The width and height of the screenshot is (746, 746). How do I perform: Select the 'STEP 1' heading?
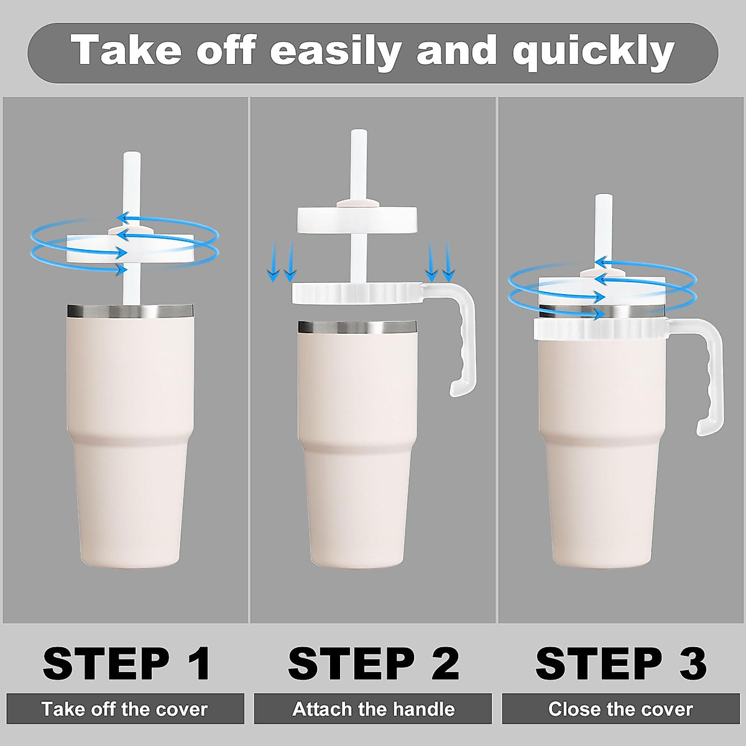point(127,663)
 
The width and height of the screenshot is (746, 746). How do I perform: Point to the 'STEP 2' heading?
point(373,663)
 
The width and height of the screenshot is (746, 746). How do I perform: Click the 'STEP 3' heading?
point(621,663)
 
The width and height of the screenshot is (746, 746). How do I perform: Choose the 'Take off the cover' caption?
point(125,709)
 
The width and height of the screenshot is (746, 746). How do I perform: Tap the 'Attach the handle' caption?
point(373,709)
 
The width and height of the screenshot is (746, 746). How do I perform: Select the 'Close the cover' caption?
point(620,709)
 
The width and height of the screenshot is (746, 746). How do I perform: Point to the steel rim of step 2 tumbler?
point(357,326)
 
